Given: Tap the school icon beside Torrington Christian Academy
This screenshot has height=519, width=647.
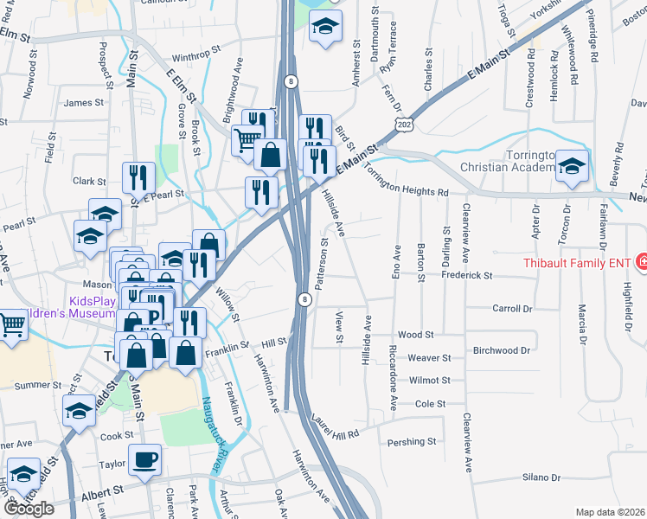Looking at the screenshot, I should pyautogui.click(x=572, y=167).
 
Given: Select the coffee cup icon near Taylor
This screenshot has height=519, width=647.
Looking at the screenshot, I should pyautogui.click(x=144, y=461).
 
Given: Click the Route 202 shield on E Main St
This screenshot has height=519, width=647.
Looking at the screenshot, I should pyautogui.click(x=403, y=125).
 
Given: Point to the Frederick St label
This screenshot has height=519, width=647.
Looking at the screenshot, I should pyautogui.click(x=466, y=276).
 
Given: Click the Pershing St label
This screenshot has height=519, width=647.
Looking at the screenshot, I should pyautogui.click(x=412, y=442).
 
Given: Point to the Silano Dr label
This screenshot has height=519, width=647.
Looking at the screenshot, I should pyautogui.click(x=541, y=477).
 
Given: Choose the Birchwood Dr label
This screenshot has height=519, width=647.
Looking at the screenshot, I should pyautogui.click(x=501, y=350).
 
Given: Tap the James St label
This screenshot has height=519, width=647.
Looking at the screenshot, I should pyautogui.click(x=84, y=103).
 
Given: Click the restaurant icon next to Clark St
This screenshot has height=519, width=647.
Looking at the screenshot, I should pyautogui.click(x=138, y=179).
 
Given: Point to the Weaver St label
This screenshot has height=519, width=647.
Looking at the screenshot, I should pyautogui.click(x=430, y=357).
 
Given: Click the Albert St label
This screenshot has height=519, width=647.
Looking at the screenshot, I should pyautogui.click(x=97, y=497).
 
